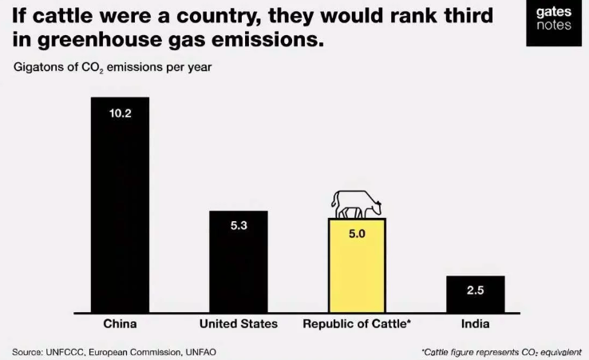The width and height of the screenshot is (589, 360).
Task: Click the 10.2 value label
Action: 120,113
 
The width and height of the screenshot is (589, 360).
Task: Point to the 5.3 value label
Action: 239,226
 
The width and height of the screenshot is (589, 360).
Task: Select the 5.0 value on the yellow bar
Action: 357,234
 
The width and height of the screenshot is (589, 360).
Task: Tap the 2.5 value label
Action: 475,290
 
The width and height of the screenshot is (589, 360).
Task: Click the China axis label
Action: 120,324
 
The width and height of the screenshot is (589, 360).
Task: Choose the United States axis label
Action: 239,324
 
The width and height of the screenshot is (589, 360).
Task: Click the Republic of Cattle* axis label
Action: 357,324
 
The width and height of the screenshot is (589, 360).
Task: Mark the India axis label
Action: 475,324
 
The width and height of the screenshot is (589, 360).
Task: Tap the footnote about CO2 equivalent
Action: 501,351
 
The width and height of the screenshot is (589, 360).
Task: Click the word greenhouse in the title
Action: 83,40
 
